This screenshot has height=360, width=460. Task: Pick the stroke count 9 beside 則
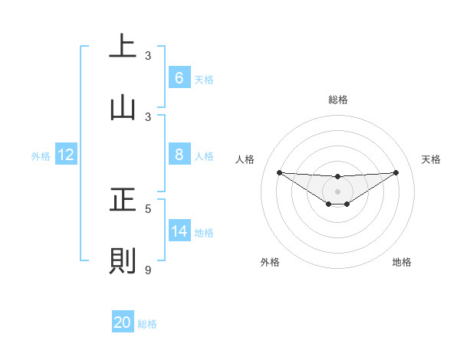pos(148,270)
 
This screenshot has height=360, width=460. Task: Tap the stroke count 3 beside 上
pos(148,56)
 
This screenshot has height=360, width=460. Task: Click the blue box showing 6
pos(179,78)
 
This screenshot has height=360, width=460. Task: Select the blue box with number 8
pos(179,155)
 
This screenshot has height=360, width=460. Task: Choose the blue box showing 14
pos(179,231)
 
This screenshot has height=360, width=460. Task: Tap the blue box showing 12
pos(66,155)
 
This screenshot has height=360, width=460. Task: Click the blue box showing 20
pos(123,322)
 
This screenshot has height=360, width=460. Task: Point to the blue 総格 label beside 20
pos(147,324)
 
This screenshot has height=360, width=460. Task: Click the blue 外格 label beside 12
pos(41,156)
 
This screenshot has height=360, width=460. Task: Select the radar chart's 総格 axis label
pos(337,100)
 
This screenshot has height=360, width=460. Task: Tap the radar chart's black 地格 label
pos(402,262)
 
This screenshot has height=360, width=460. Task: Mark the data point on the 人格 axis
pos(279,172)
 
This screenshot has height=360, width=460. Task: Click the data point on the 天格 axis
pos(396,172)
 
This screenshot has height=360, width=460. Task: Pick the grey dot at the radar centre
pos(337,191)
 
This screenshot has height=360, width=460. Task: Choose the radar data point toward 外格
pos(328,204)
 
